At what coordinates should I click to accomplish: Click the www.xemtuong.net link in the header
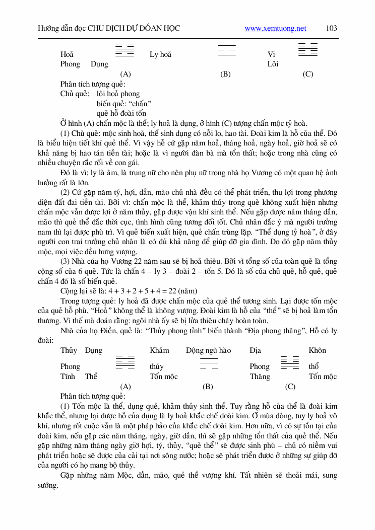point(275,29)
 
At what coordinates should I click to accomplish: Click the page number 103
point(332,28)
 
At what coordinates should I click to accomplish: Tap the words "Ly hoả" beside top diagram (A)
point(160,54)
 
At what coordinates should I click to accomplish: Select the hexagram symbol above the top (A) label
point(125,49)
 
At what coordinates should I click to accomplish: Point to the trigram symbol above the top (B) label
point(226,51)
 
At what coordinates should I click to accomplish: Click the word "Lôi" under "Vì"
point(273,64)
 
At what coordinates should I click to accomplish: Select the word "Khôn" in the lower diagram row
point(317,350)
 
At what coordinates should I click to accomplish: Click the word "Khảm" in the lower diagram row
point(159,350)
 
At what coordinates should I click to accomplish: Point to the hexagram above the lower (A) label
point(125,362)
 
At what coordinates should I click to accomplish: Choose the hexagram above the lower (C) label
point(290,362)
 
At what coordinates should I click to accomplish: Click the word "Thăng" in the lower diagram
point(260,376)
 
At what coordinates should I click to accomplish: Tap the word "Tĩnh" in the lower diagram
point(68,376)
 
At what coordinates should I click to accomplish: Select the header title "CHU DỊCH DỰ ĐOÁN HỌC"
point(134,29)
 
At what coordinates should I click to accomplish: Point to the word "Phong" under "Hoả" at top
point(70,64)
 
